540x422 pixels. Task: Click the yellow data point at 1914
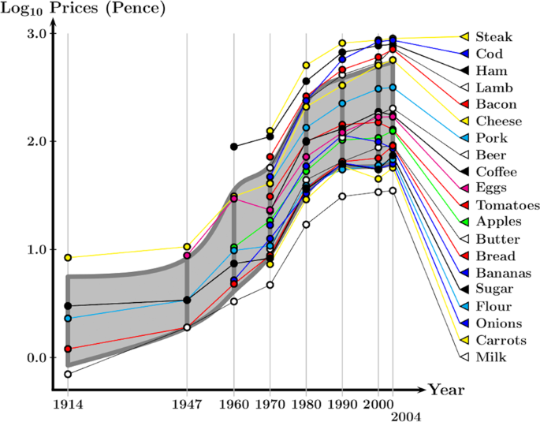(68, 258)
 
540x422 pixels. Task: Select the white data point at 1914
(68, 374)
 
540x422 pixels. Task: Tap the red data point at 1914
(68, 349)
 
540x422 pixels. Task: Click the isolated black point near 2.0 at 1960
(233, 147)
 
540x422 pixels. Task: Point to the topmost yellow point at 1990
(342, 43)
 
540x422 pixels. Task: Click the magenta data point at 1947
(187, 256)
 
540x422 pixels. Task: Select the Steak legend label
(493, 37)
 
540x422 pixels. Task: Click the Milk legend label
(491, 357)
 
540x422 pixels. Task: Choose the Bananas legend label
(503, 273)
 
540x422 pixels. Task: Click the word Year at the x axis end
(446, 389)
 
